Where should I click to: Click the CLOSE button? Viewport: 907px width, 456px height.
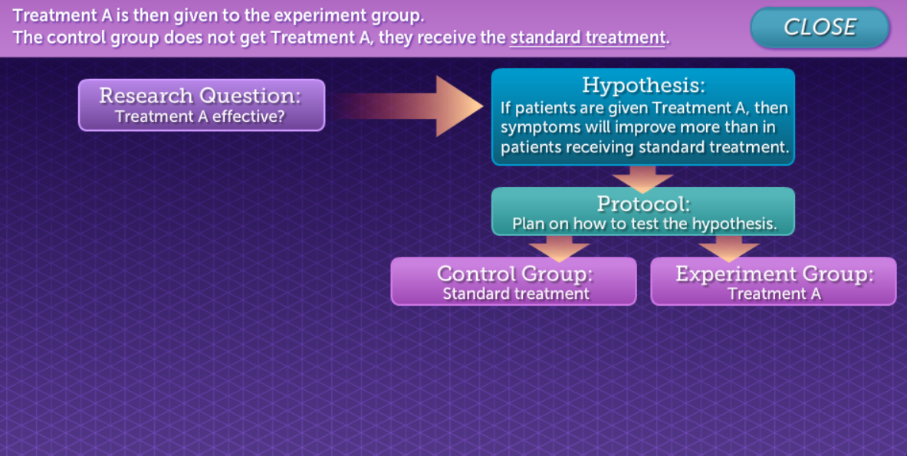(819, 28)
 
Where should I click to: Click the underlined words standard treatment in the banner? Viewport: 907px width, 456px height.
(587, 38)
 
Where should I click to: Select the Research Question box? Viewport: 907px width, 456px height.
(201, 105)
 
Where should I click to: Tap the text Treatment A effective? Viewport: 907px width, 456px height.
(200, 117)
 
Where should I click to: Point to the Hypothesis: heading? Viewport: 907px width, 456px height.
(642, 84)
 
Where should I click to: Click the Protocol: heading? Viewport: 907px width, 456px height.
(642, 204)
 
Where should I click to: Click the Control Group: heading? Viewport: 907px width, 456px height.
(514, 274)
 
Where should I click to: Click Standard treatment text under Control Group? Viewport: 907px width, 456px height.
(515, 294)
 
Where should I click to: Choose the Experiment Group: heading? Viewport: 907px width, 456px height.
(774, 274)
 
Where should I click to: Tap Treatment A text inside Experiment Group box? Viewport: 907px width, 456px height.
(774, 294)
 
